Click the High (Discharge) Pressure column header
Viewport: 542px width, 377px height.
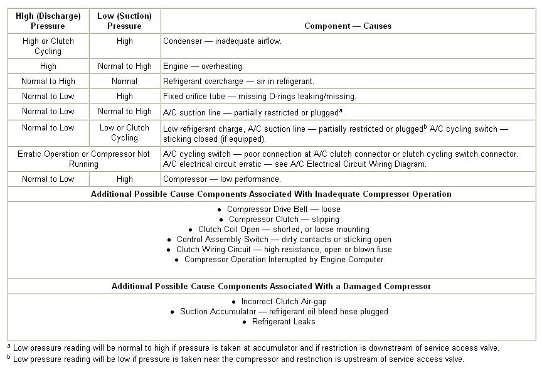coord(48,21)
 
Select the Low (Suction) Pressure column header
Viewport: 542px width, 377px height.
coord(124,21)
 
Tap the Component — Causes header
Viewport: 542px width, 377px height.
coord(348,26)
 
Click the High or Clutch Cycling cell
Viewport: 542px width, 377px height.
coord(48,46)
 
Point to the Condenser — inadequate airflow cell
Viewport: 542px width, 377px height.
coord(222,41)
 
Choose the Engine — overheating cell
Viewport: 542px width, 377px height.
coord(203,66)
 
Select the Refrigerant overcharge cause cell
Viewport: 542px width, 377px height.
coord(238,81)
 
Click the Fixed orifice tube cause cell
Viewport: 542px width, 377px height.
coord(259,96)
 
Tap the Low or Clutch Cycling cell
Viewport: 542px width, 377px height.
coord(124,132)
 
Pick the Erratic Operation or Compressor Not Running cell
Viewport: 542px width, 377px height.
coord(83,159)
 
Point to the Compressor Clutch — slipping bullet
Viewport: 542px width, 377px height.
coord(284,219)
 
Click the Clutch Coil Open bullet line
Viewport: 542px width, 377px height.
coord(284,229)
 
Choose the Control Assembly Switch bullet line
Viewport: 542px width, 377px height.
coord(284,239)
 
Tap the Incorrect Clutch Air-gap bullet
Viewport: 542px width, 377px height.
coord(284,301)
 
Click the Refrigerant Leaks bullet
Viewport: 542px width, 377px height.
coord(284,321)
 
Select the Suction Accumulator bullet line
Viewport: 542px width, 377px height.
coord(284,311)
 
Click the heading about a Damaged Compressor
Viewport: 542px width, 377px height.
coord(271,286)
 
